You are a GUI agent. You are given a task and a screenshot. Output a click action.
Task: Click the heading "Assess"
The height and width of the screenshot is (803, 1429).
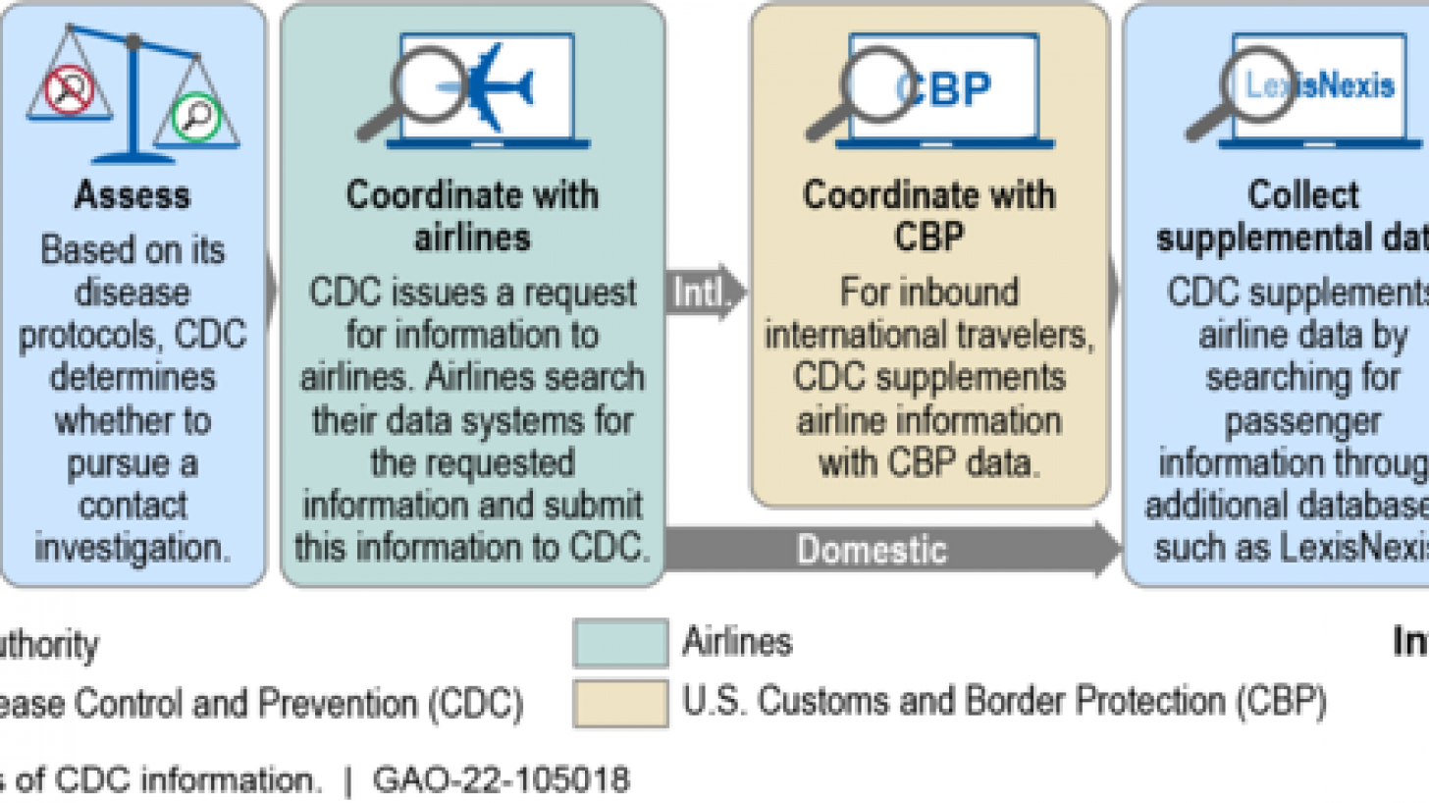(x=132, y=194)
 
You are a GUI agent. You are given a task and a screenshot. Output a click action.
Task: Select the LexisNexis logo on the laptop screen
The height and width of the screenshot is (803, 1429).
(x=1319, y=85)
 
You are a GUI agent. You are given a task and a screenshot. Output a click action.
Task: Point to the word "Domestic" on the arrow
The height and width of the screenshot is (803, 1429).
(x=872, y=549)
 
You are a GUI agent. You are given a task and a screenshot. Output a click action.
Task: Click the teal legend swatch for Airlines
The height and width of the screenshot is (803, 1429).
(x=620, y=644)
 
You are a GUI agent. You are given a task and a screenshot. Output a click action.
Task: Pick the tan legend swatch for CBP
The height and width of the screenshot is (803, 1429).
(x=620, y=702)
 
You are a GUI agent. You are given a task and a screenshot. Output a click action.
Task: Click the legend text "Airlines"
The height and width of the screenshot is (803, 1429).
(x=737, y=642)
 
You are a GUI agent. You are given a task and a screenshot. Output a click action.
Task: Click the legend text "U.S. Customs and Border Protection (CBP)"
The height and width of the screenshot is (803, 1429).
(x=1004, y=703)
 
